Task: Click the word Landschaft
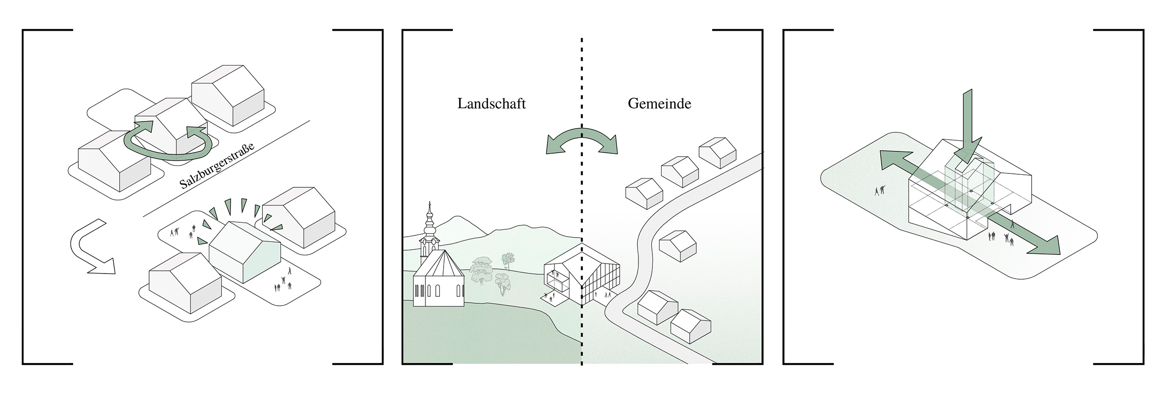tap(491, 104)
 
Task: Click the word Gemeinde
tap(659, 104)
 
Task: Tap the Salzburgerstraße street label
tap(217, 160)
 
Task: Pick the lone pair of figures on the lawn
tap(880, 190)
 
